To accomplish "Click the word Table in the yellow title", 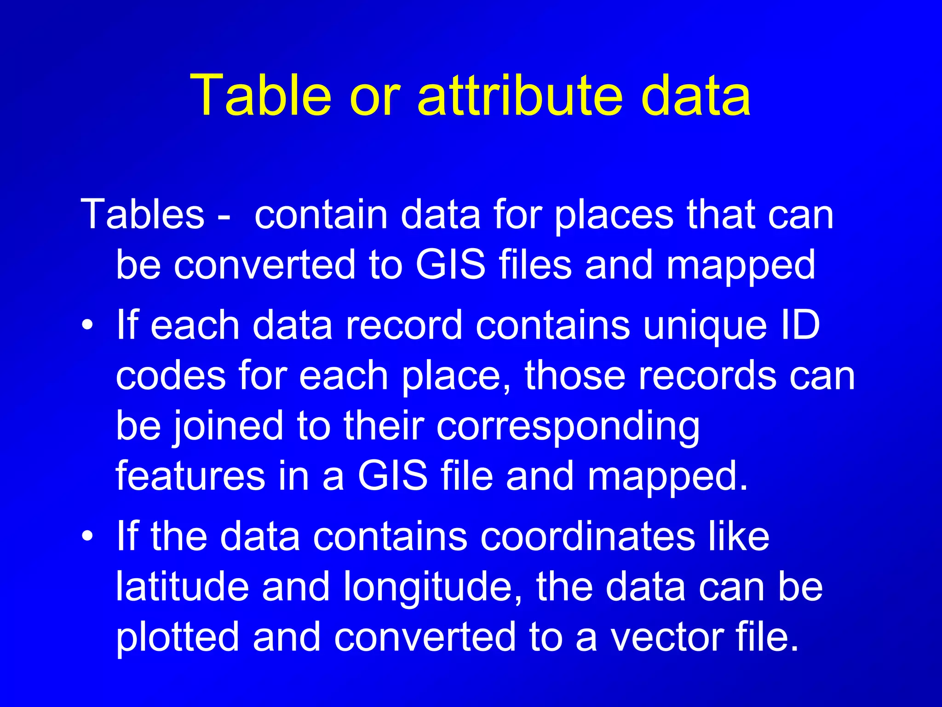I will pyautogui.click(x=260, y=96).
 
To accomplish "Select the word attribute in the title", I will pyautogui.click(x=520, y=96).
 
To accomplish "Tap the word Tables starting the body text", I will pyautogui.click(x=142, y=214).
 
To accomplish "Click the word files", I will pyautogui.click(x=535, y=265).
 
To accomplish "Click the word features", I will pyautogui.click(x=190, y=476).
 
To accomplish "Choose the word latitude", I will pyautogui.click(x=182, y=586).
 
